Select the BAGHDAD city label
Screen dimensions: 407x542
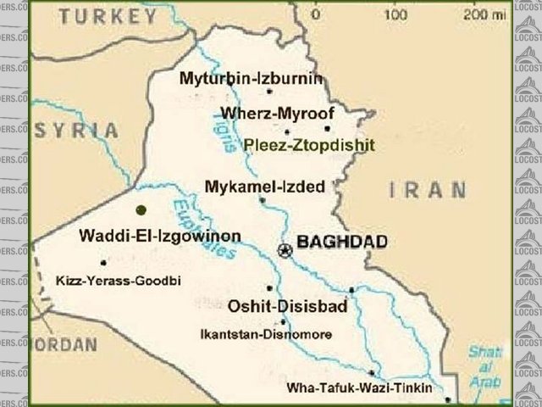[x=343, y=243]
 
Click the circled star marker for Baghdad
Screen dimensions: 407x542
[x=285, y=249]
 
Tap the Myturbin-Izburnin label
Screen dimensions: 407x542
[x=252, y=79]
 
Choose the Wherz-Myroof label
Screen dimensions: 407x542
[x=278, y=113]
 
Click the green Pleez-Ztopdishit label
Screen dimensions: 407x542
[x=308, y=145]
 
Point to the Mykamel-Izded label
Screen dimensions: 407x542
[x=265, y=186]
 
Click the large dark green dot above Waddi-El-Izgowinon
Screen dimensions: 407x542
[x=141, y=209]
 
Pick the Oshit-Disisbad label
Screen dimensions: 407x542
[x=288, y=306]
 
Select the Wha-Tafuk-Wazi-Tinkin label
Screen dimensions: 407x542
[x=359, y=388]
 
